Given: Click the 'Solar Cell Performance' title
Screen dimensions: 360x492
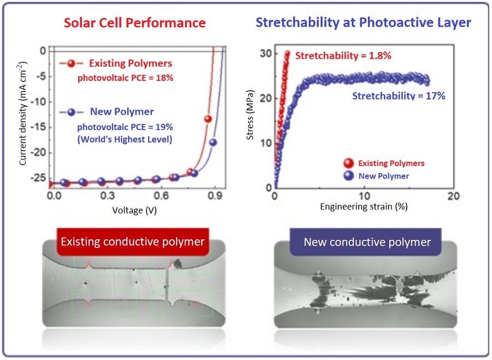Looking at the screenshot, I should coord(134,23).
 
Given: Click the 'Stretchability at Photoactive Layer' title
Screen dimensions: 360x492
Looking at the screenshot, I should coord(364,23).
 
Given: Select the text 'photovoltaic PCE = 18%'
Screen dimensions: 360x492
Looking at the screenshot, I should coord(125,78).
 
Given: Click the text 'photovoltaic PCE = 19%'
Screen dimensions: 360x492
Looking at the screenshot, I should coord(125,126).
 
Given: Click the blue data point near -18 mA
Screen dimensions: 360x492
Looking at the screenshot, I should coord(213,143).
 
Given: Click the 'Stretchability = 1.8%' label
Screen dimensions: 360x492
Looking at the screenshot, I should coord(343,56).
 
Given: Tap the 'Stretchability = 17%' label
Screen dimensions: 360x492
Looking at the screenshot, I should coord(399,96).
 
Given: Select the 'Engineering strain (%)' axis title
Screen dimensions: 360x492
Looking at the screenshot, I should coord(364,206).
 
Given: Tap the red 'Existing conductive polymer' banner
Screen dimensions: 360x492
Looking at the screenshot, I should coord(132,241).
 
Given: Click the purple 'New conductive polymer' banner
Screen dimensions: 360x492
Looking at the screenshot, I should coord(367,242).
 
